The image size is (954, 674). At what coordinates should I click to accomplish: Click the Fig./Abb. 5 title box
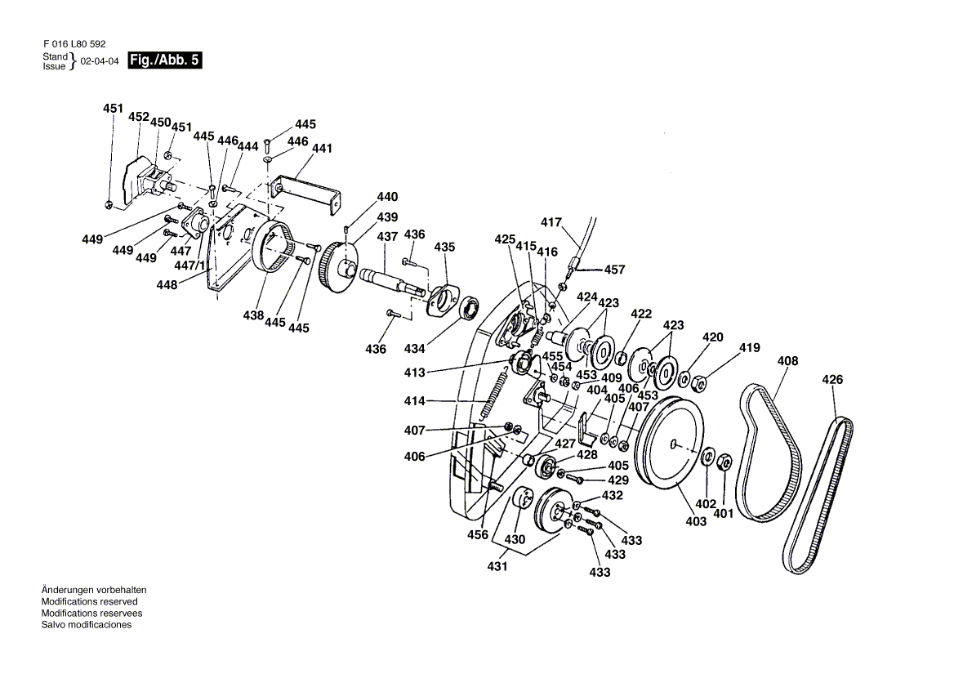click(x=164, y=60)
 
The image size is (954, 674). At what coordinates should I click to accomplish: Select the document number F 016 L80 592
click(x=74, y=44)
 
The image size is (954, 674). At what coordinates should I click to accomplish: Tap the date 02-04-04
click(x=100, y=61)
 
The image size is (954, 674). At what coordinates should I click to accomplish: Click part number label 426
click(x=832, y=380)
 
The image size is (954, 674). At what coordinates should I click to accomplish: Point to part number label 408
click(x=787, y=361)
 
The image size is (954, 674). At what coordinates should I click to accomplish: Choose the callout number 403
click(x=696, y=521)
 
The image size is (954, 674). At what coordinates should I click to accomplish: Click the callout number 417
click(x=551, y=222)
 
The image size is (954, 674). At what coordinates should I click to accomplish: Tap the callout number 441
click(x=322, y=148)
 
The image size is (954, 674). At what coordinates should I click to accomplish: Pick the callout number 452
click(x=139, y=117)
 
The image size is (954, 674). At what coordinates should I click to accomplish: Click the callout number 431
click(x=497, y=566)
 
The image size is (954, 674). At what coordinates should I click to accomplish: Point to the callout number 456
click(x=478, y=534)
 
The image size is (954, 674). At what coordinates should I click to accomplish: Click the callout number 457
click(x=614, y=270)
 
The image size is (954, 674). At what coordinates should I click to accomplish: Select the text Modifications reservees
click(x=91, y=614)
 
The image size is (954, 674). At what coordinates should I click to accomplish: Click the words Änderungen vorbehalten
click(x=94, y=590)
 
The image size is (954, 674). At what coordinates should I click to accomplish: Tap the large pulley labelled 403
click(x=669, y=442)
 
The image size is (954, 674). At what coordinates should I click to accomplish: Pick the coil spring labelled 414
click(x=497, y=394)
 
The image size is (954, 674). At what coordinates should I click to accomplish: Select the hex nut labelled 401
click(x=724, y=463)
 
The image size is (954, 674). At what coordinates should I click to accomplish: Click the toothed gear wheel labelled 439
click(x=338, y=267)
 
